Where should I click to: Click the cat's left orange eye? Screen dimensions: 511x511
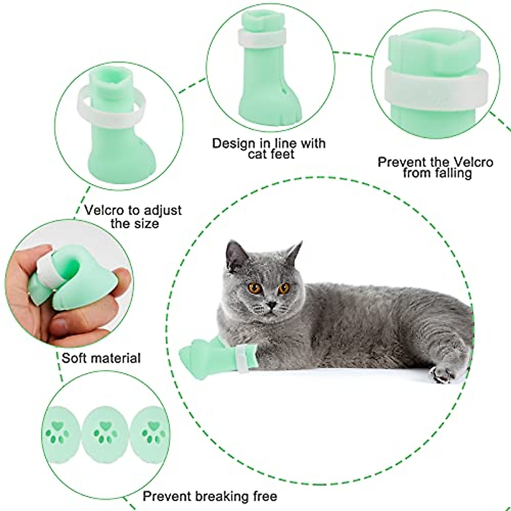pos(255,288)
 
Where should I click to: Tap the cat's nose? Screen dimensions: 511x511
pos(271,304)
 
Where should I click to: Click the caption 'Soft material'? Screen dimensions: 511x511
pos(101,358)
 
